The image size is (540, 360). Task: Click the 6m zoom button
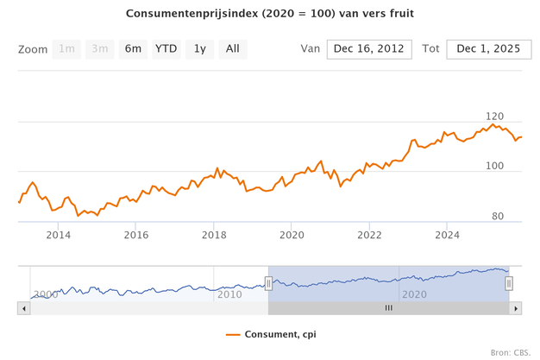coord(133,49)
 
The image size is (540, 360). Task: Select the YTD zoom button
coord(166,49)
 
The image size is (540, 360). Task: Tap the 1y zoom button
coord(199,49)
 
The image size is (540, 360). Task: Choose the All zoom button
coord(232,49)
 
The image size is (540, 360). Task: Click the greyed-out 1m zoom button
coord(66,49)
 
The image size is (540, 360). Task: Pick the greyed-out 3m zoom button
coord(100,49)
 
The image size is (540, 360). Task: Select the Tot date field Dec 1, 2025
coord(488,49)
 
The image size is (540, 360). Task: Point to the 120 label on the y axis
coord(494,116)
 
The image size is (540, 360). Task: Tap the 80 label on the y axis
coord(498,216)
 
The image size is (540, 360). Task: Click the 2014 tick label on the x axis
coord(59,235)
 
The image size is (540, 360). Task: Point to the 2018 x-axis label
coord(214,235)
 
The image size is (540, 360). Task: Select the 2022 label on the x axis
coord(369,235)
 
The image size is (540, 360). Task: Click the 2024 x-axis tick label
coord(447,235)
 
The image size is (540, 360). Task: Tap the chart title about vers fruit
coord(270,15)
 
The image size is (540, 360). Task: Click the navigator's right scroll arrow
coord(517,307)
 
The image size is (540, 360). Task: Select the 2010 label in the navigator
coord(230,294)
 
